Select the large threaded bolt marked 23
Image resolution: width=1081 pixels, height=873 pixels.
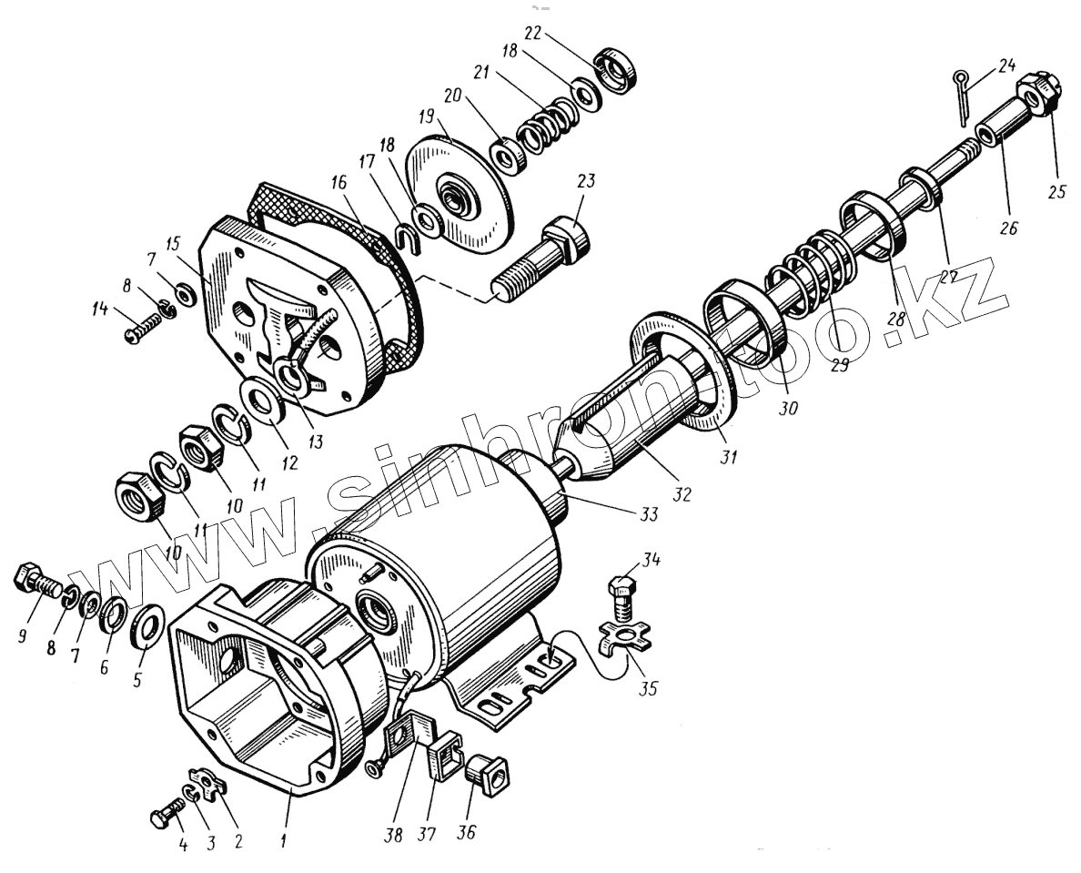[x=541, y=259]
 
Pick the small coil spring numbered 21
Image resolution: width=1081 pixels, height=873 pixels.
[x=545, y=124]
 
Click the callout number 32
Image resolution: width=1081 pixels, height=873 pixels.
[x=682, y=494]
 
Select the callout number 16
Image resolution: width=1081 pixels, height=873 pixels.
[x=338, y=182]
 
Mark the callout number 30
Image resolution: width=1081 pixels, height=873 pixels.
[x=787, y=409]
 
